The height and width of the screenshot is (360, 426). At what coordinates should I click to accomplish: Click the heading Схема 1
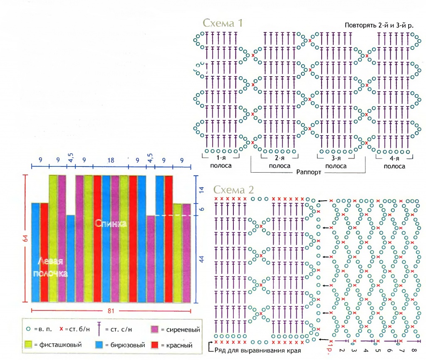coord(223,23)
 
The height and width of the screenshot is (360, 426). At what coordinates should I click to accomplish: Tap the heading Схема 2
coord(234,189)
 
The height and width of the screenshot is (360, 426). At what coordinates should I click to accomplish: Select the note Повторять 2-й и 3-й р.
coord(379,25)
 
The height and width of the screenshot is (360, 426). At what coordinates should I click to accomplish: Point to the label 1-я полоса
coord(221,161)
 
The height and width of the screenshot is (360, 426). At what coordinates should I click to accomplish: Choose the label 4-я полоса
coord(394,162)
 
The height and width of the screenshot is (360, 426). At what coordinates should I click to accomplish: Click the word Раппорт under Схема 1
coord(309,172)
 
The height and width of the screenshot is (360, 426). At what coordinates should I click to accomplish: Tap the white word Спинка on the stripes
coord(111,223)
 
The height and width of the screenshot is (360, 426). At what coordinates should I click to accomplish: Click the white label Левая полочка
coord(50,267)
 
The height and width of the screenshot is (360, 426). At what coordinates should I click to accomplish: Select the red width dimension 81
coord(111,310)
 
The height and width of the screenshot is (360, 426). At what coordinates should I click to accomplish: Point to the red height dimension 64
coord(25,238)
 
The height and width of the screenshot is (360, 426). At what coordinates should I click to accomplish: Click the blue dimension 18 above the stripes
coord(111,160)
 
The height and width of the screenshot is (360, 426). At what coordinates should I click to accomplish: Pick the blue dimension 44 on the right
coord(202,259)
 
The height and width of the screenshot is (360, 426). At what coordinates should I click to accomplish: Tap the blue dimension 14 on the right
coord(202,190)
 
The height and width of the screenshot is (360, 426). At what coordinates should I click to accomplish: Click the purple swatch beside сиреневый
coord(154,330)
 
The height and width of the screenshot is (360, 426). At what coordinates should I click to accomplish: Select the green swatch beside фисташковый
coord(28,345)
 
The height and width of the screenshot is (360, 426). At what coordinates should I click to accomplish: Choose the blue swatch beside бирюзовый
coord(99,345)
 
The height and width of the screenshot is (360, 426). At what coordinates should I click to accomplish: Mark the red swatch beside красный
coord(155,345)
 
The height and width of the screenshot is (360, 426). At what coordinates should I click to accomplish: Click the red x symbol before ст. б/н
coord(61,329)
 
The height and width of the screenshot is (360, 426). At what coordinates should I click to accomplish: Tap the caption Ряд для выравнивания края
coord(258,350)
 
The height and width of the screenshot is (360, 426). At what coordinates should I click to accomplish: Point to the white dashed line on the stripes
coord(173,216)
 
